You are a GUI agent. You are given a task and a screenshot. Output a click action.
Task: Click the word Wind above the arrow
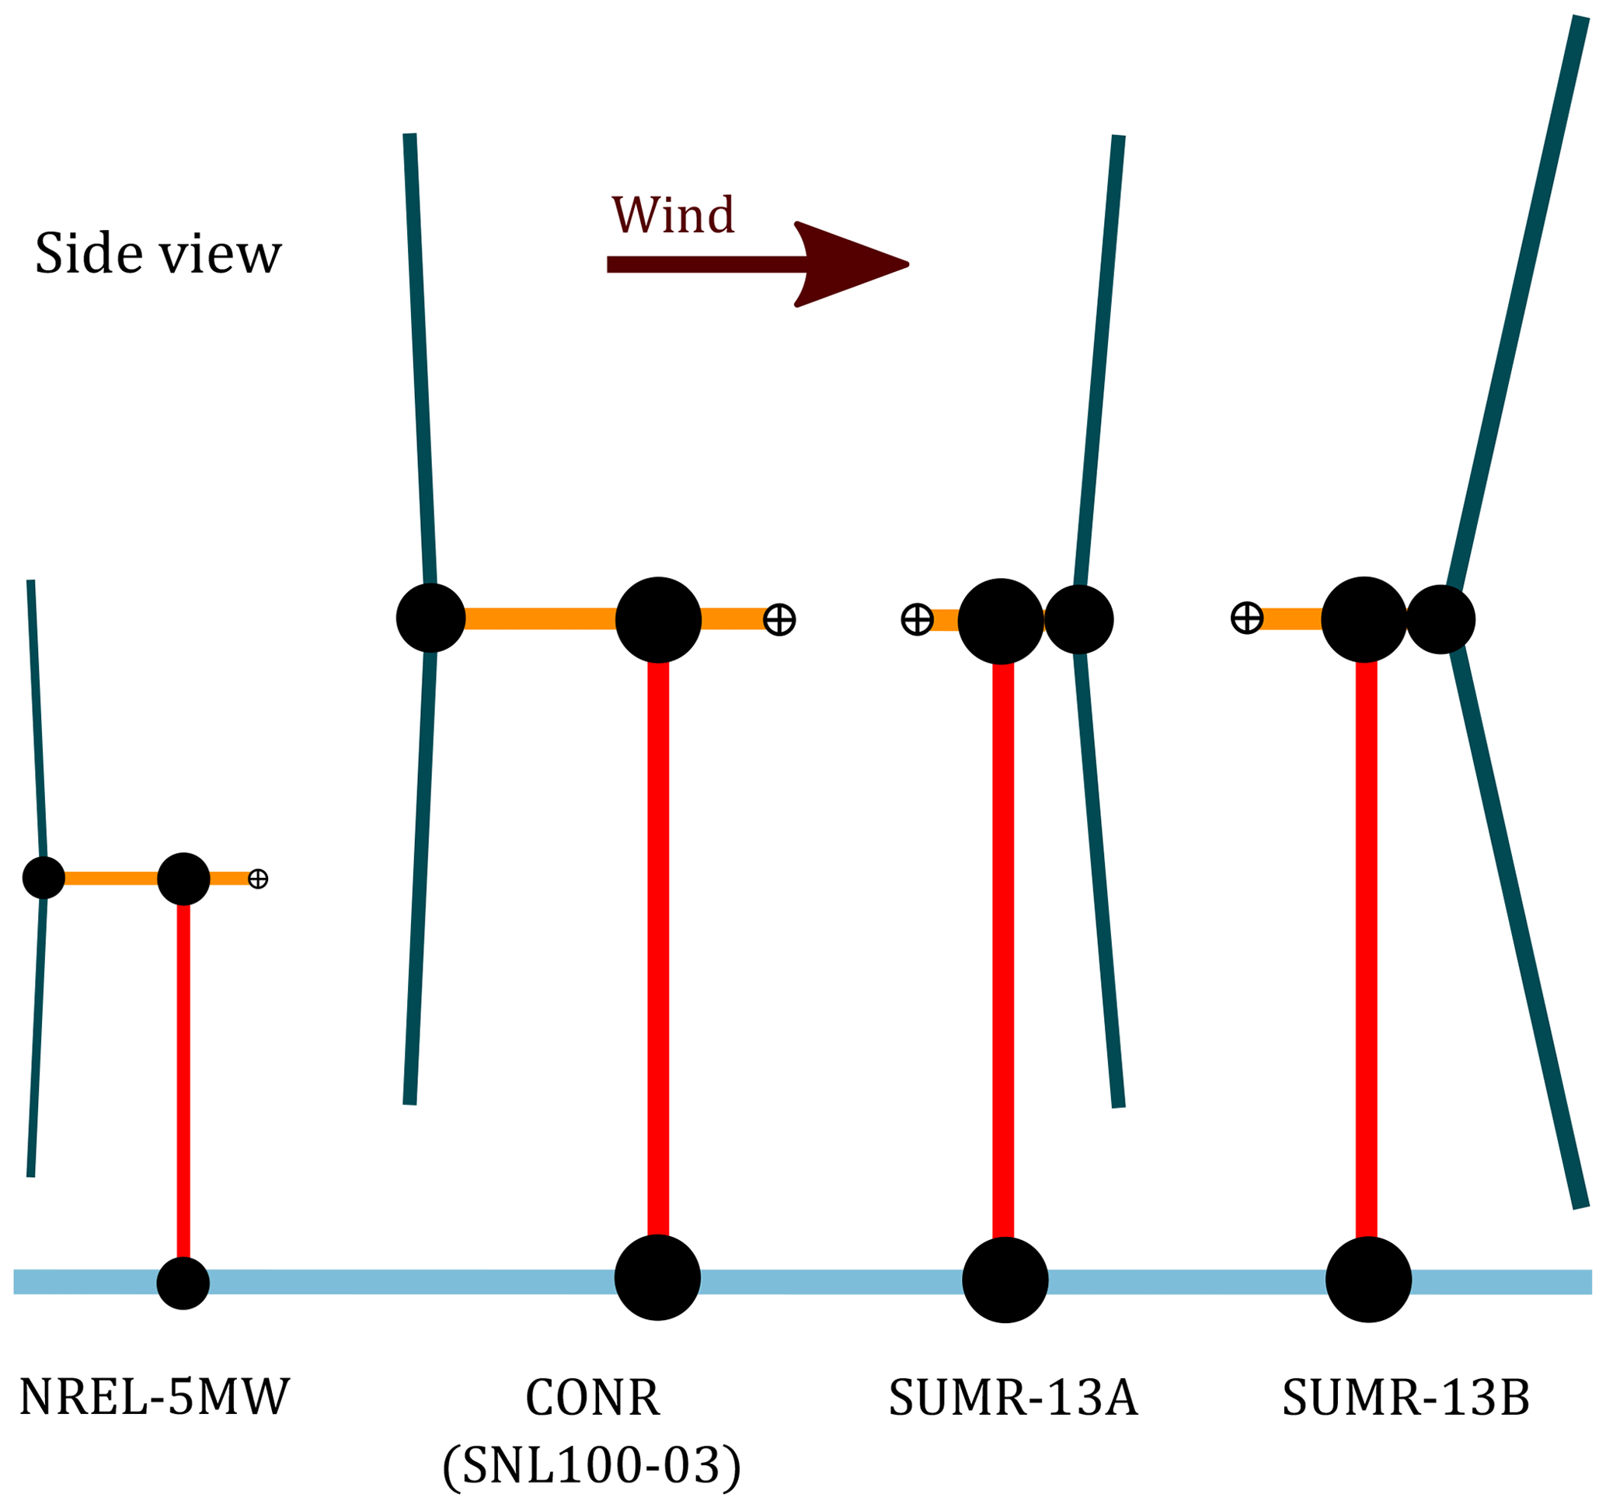[672, 215]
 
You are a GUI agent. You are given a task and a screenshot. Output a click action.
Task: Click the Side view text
[159, 253]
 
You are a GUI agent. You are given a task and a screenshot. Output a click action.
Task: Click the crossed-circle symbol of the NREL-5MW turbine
[258, 879]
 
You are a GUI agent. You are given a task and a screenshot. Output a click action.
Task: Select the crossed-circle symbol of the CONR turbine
[779, 619]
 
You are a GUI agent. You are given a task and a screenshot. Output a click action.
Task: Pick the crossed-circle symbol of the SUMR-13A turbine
[917, 619]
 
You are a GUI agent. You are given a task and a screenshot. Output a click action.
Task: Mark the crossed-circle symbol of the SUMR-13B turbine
[1246, 618]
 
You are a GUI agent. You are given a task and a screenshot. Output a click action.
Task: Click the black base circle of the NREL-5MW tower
[183, 1283]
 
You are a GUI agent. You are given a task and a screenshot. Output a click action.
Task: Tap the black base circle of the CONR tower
[657, 1278]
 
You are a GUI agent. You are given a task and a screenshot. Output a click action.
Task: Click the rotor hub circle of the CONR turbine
[430, 618]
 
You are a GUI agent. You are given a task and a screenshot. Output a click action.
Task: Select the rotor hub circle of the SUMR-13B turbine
[1441, 619]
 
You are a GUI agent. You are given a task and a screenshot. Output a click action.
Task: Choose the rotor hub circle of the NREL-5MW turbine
[44, 877]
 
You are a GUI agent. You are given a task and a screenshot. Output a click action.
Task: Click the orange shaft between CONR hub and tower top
[540, 618]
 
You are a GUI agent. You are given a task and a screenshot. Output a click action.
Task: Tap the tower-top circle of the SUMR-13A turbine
[1001, 621]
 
